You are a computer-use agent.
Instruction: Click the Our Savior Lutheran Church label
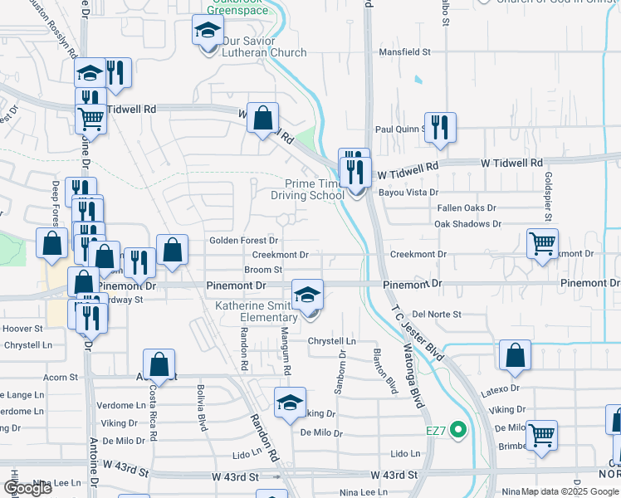(x=258, y=52)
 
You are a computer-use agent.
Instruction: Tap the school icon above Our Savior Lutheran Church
(x=208, y=32)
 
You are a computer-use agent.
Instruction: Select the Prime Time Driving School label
(x=307, y=189)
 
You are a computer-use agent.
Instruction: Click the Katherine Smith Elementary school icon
(x=307, y=295)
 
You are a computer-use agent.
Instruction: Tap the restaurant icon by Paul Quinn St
(x=440, y=127)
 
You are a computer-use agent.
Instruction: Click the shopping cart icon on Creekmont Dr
(x=543, y=243)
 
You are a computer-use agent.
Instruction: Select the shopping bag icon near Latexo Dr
(x=515, y=354)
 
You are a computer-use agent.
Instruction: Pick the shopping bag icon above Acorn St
(x=159, y=364)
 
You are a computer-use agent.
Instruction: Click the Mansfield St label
(x=405, y=51)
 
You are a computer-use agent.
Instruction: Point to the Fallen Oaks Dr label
(x=467, y=208)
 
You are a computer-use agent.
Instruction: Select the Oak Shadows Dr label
(x=467, y=224)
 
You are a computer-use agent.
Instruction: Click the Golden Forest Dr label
(x=242, y=240)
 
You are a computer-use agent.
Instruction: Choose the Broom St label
(x=263, y=270)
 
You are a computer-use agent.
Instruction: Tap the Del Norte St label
(x=436, y=315)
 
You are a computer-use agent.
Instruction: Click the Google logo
(x=27, y=488)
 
